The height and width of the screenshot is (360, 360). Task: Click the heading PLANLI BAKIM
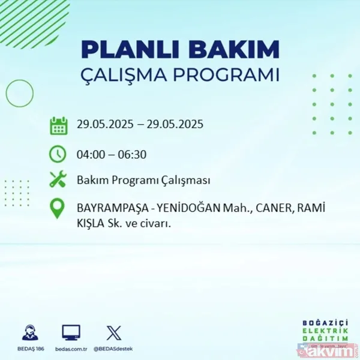[x=180, y=49]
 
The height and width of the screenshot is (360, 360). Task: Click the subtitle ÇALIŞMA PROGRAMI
[x=180, y=75]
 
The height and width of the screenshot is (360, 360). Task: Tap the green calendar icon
[x=58, y=125]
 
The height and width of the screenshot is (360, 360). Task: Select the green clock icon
[x=58, y=154]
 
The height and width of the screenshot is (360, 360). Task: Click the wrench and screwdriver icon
[x=58, y=179]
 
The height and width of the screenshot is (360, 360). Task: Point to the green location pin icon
[x=58, y=208]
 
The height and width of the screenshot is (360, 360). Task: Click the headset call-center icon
[x=29, y=332]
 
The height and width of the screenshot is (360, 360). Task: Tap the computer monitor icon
[x=71, y=332]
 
